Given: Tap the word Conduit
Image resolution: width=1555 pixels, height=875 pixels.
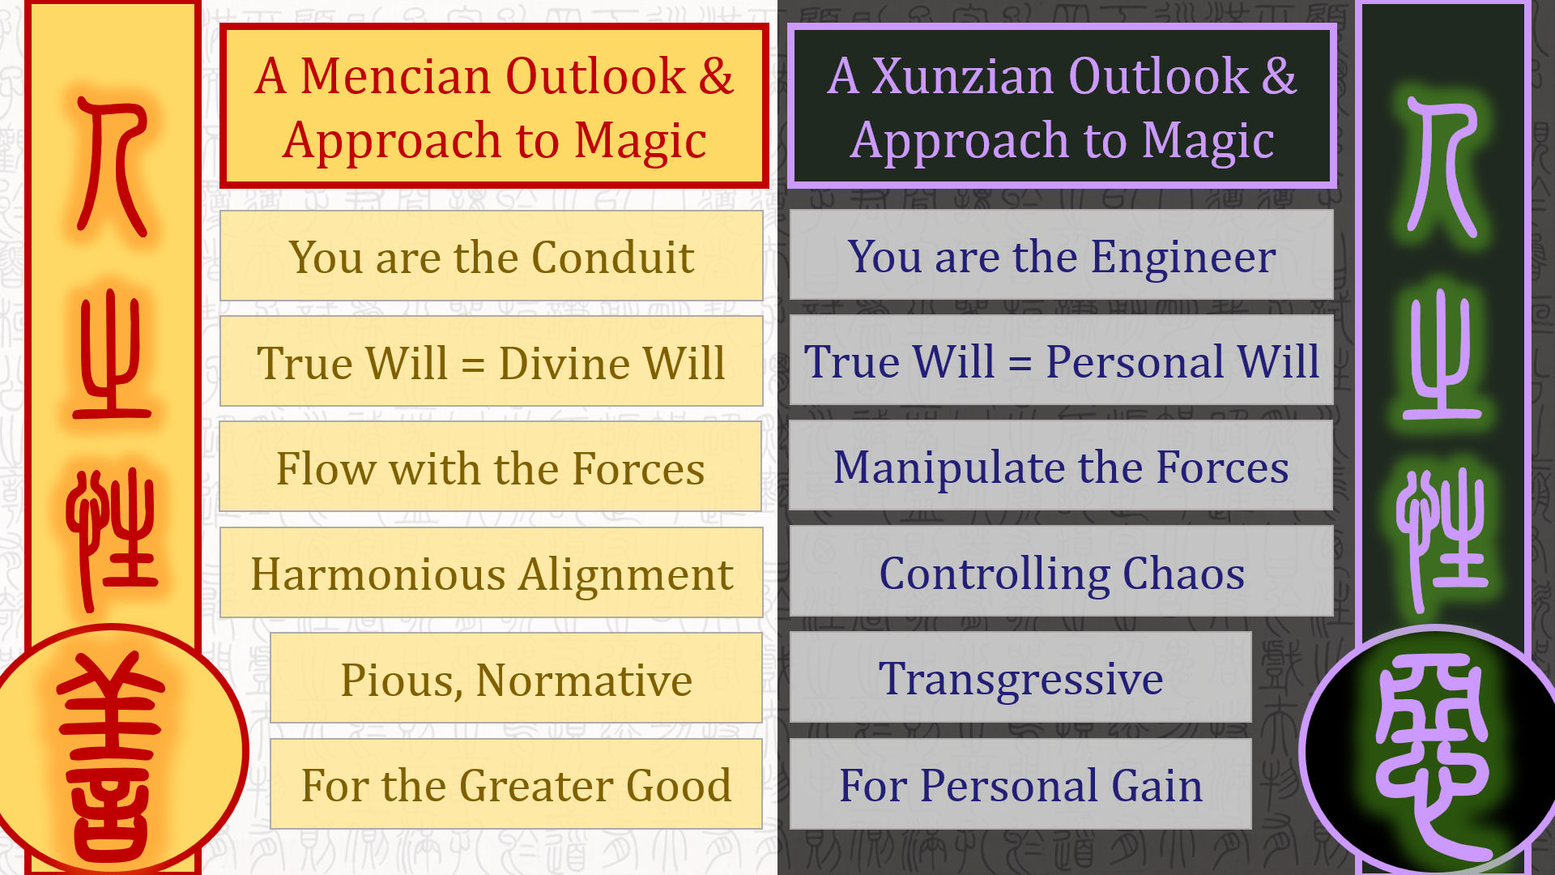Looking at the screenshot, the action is pyautogui.click(x=613, y=258).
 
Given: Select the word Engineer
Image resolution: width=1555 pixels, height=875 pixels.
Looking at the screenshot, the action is pyautogui.click(x=1183, y=258).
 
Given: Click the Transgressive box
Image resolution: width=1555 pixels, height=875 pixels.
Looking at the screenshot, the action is pyautogui.click(x=1020, y=677).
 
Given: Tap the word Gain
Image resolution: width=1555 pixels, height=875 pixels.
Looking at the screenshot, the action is pyautogui.click(x=1157, y=786).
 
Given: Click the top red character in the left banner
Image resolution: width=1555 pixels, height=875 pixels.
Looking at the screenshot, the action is pyautogui.click(x=113, y=165).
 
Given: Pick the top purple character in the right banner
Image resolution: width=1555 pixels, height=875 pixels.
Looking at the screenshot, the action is pyautogui.click(x=1442, y=165).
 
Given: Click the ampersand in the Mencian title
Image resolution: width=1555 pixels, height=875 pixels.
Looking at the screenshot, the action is pyautogui.click(x=716, y=76).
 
